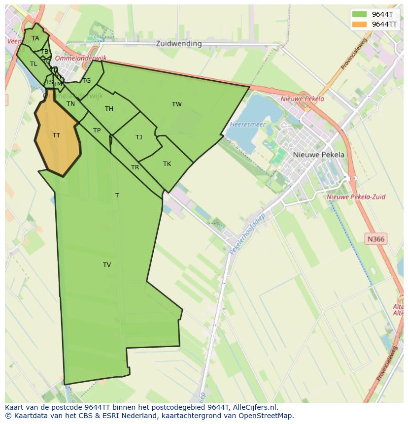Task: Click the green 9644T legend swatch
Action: [x=360, y=14]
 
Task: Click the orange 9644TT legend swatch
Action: [x=360, y=24]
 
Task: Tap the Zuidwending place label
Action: [x=178, y=43]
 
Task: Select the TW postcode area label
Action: [x=177, y=104]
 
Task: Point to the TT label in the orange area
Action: [x=56, y=135]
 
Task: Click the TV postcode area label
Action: [x=107, y=264]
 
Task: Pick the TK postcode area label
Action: [x=167, y=163]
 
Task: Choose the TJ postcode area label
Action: [x=138, y=137]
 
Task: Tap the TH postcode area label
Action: [x=109, y=108]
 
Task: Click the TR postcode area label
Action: [x=135, y=167]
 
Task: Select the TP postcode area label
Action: [x=97, y=130]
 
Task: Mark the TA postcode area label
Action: [x=35, y=38]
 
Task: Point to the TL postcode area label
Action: [x=34, y=64]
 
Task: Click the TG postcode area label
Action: [x=87, y=80]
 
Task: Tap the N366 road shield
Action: [x=375, y=239]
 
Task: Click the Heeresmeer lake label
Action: [x=248, y=125]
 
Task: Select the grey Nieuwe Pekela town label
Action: [x=319, y=154]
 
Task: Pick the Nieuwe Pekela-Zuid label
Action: [x=356, y=196]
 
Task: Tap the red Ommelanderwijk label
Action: [x=74, y=58]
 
